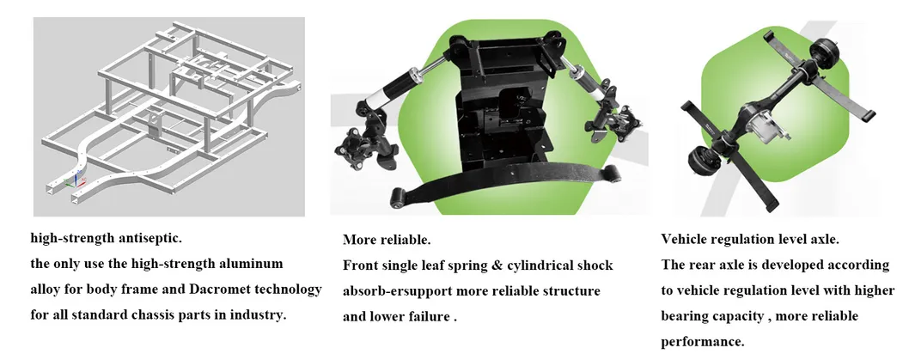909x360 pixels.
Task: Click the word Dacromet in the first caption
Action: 220,290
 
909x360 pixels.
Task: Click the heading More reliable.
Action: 387,240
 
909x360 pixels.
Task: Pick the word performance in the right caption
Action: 703,342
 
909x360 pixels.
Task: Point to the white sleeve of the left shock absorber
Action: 377,95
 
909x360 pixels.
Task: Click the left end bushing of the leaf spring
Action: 398,197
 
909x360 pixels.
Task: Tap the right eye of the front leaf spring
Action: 611,173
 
